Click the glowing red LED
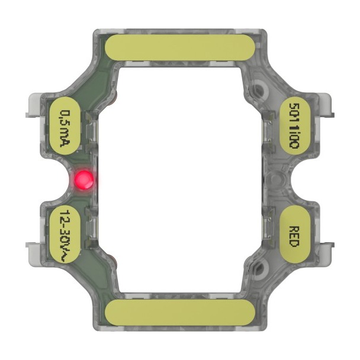click(83, 179)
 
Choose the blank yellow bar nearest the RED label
click(179, 310)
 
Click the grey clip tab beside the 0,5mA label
click(32, 107)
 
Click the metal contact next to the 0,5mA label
click(89, 126)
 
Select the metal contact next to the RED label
click(269, 232)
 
